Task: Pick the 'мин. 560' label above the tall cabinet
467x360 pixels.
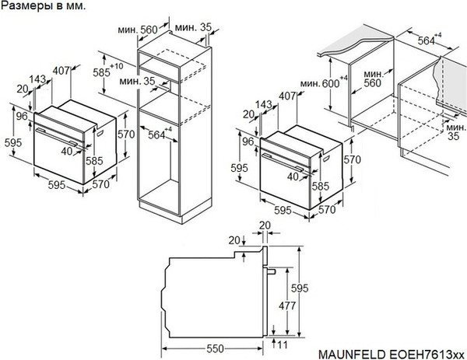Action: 143,29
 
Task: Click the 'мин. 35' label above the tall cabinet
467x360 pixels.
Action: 197,27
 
